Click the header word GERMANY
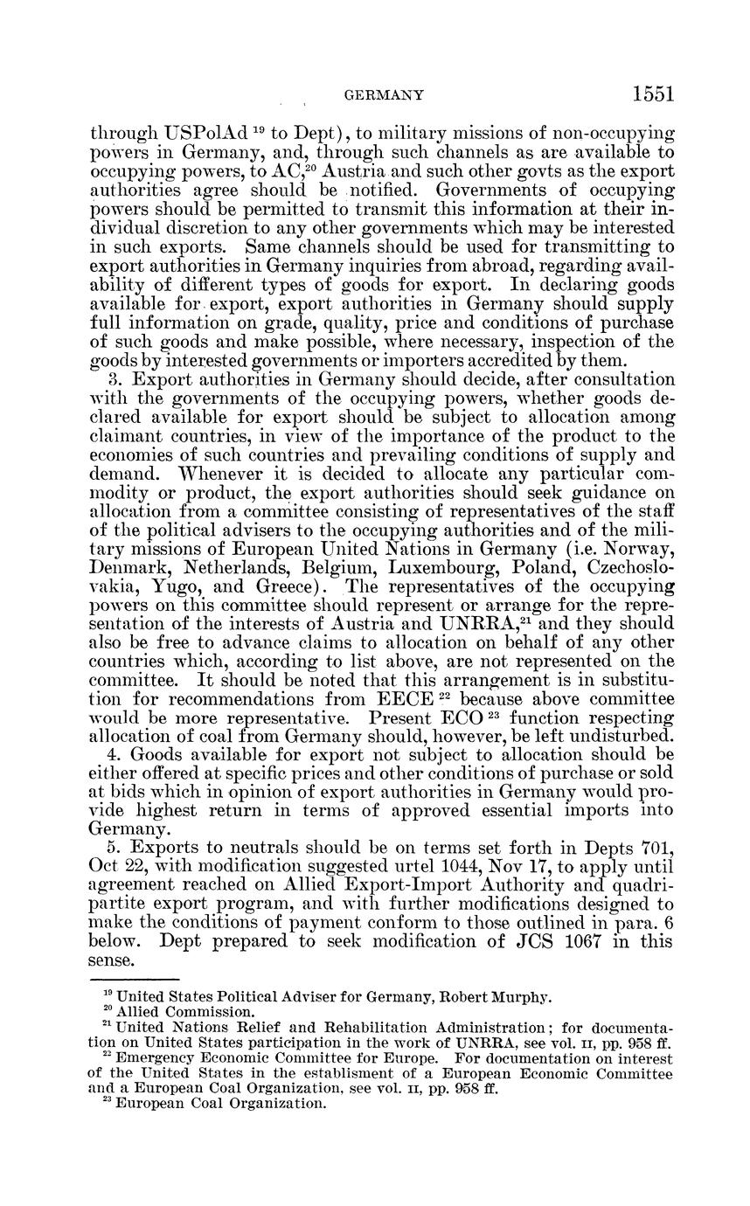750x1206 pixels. pyautogui.click(x=385, y=95)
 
